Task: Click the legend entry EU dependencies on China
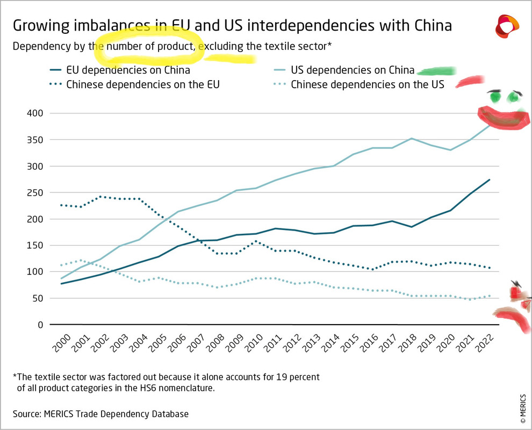tap(127, 70)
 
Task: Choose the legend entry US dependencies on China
tap(352, 70)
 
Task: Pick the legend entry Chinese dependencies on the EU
tap(142, 84)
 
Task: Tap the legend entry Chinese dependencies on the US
tap(367, 84)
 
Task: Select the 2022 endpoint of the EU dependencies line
tap(490, 180)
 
